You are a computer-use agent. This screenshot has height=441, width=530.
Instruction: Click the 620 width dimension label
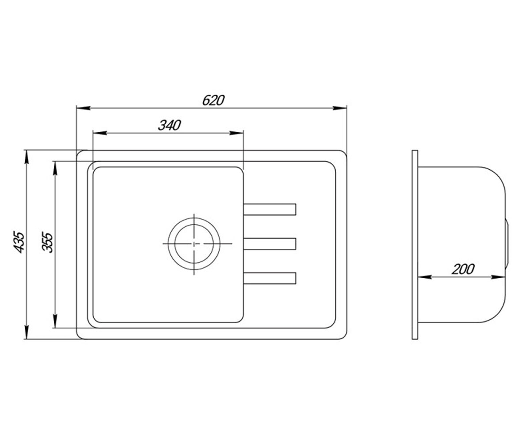tap(213, 101)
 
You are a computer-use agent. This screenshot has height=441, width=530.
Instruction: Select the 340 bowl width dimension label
tap(169, 125)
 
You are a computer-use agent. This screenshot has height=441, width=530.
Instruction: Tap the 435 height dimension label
tap(19, 242)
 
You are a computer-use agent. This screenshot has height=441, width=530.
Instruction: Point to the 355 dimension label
tap(47, 242)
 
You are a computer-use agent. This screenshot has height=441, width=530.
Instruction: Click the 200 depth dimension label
tap(463, 269)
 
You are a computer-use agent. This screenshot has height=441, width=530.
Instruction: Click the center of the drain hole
tap(194, 243)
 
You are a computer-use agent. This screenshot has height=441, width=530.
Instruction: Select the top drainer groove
tap(269, 209)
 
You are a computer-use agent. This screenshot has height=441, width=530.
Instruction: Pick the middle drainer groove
tap(269, 244)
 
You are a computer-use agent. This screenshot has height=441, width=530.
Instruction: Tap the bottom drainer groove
tap(269, 278)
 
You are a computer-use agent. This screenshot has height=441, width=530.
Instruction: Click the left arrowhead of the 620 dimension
tap(83, 108)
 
